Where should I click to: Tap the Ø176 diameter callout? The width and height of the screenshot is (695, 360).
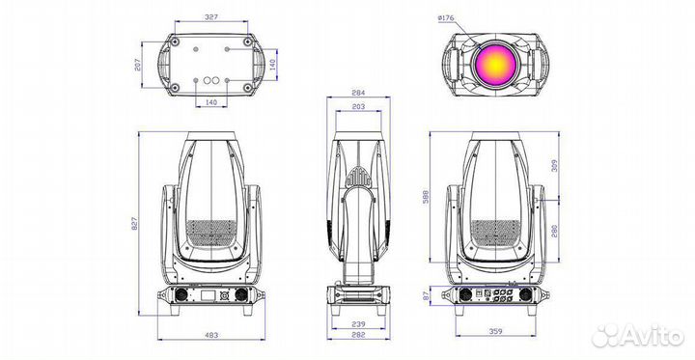click(x=445, y=18)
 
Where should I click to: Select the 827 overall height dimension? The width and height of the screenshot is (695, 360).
click(x=142, y=222)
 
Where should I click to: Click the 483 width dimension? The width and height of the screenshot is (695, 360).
click(x=210, y=335)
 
